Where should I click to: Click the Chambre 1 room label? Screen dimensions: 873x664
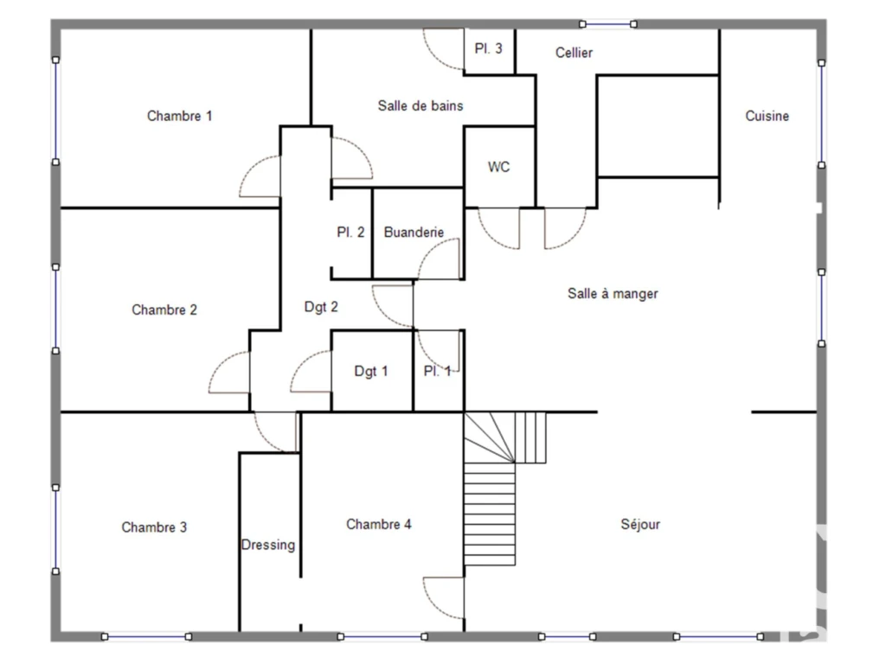tap(179, 116)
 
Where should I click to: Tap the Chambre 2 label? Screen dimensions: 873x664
tap(164, 310)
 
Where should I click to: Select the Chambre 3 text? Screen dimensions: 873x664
tap(154, 527)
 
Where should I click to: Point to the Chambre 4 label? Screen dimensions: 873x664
tap(379, 524)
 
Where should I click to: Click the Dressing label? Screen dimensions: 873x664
tap(268, 545)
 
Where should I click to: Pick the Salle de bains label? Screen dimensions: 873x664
tap(420, 105)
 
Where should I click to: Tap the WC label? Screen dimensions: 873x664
tap(498, 167)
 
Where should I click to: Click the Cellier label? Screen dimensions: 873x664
tap(574, 53)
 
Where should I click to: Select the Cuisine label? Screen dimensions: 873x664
tap(767, 116)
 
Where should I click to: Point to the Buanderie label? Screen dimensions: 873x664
tap(414, 232)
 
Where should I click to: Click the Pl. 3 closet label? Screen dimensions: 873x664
tap(488, 48)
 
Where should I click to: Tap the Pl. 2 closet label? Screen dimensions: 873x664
tap(350, 232)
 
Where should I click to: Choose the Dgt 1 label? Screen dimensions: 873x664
tap(371, 371)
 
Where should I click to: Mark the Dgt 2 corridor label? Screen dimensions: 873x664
tap(321, 307)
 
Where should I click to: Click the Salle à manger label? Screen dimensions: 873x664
tap(613, 293)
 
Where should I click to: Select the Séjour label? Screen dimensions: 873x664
tap(640, 524)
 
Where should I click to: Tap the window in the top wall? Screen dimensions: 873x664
tap(608, 24)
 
